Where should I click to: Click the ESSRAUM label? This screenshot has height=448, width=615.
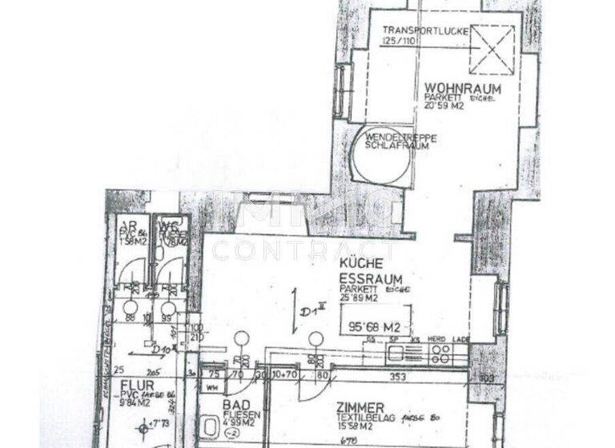pyautogui.click(x=367, y=278)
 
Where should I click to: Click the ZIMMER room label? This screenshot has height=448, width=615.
pyautogui.click(x=360, y=407)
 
